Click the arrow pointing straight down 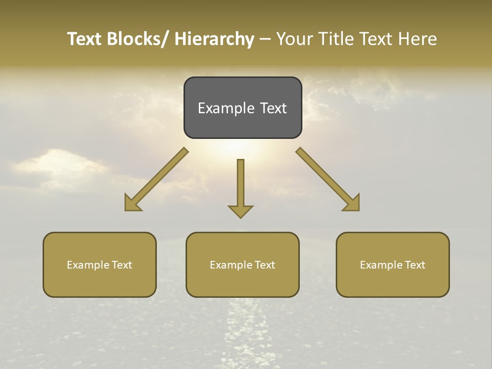click(x=240, y=184)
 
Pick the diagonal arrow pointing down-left click(x=156, y=179)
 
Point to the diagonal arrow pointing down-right click(x=327, y=179)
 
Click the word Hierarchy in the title click(x=214, y=39)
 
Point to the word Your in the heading click(x=295, y=39)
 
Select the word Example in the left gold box click(x=88, y=265)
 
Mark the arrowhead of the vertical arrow click(x=240, y=211)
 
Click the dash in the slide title click(x=265, y=39)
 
